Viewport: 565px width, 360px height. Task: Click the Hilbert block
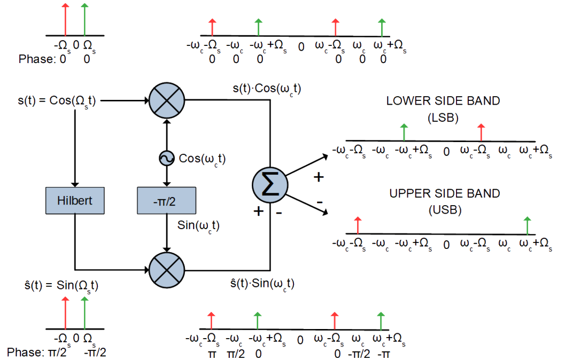(x=75, y=200)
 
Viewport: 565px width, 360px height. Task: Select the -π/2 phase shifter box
(x=166, y=200)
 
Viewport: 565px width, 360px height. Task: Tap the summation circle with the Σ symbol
(x=270, y=185)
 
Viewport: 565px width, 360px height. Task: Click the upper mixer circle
(x=167, y=100)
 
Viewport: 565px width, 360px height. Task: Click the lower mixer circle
(x=167, y=270)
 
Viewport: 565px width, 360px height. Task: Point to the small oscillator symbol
(x=166, y=158)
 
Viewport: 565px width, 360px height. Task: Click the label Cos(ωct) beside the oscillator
(x=202, y=159)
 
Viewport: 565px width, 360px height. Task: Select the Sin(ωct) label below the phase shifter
(x=198, y=226)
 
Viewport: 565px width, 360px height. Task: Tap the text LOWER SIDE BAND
(x=443, y=101)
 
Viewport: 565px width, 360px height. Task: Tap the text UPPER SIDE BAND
(x=445, y=193)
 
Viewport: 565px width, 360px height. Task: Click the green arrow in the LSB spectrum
(x=404, y=132)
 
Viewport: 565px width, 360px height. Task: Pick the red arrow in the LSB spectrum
(x=481, y=132)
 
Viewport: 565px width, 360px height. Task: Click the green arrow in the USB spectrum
(x=527, y=225)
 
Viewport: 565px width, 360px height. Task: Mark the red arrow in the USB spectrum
(x=358, y=225)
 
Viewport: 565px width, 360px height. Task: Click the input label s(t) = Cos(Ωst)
(x=57, y=101)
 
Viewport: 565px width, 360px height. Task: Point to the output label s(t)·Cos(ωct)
(x=267, y=89)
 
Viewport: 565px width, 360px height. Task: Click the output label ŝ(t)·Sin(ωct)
(x=262, y=284)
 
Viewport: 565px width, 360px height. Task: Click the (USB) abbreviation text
(x=445, y=210)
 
